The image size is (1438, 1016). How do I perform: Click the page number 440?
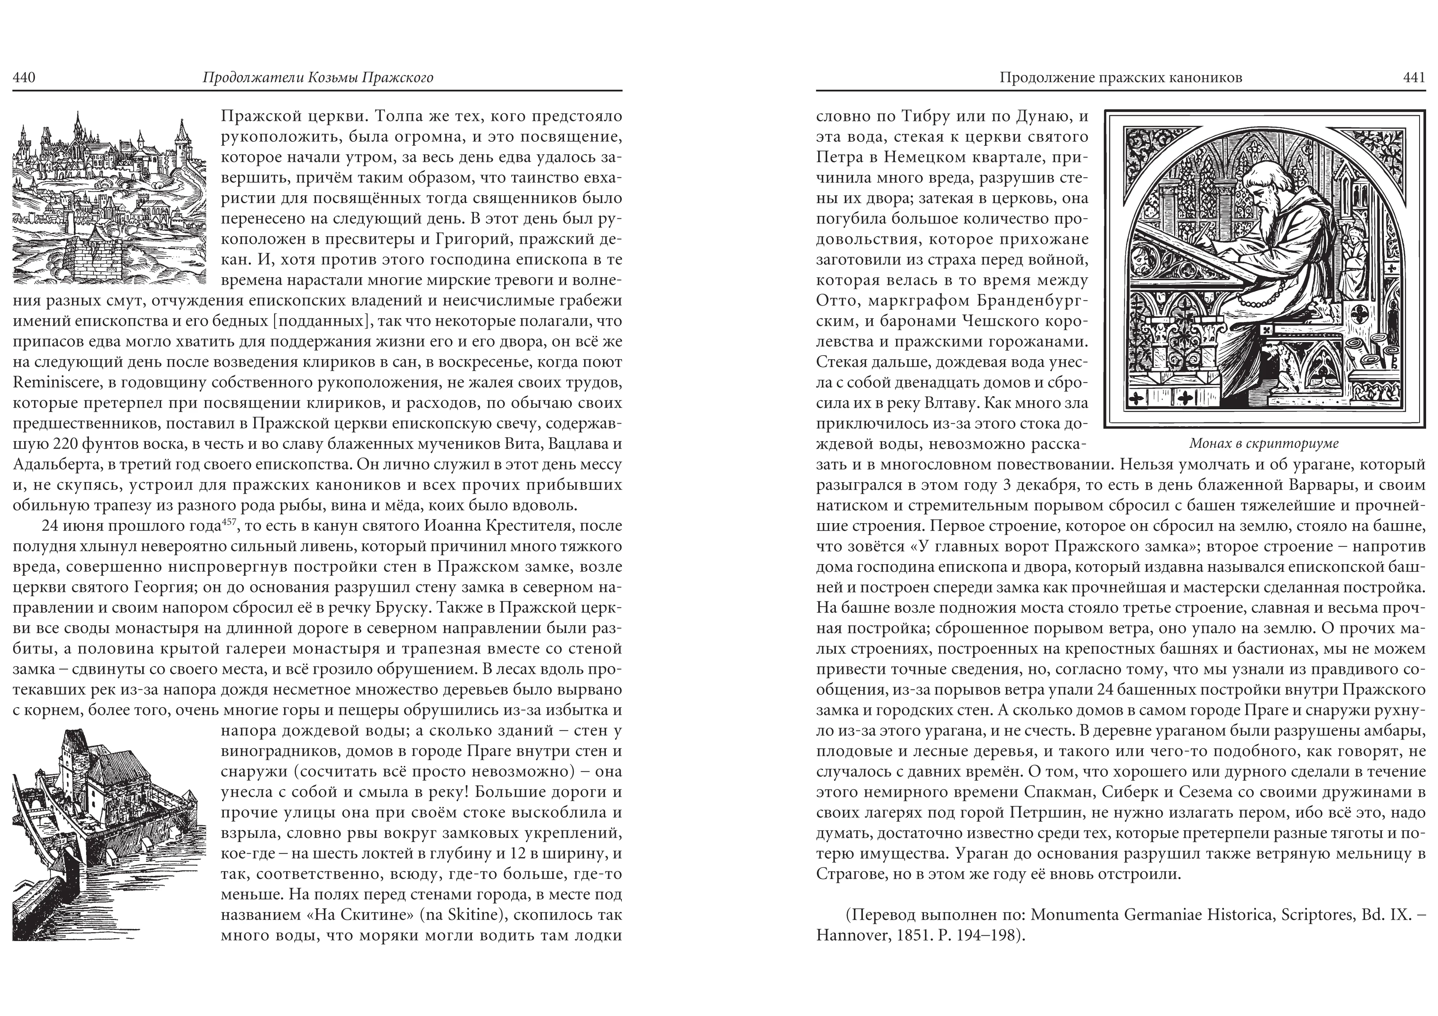pyautogui.click(x=24, y=77)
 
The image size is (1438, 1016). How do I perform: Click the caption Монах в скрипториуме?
pyautogui.click(x=1264, y=444)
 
